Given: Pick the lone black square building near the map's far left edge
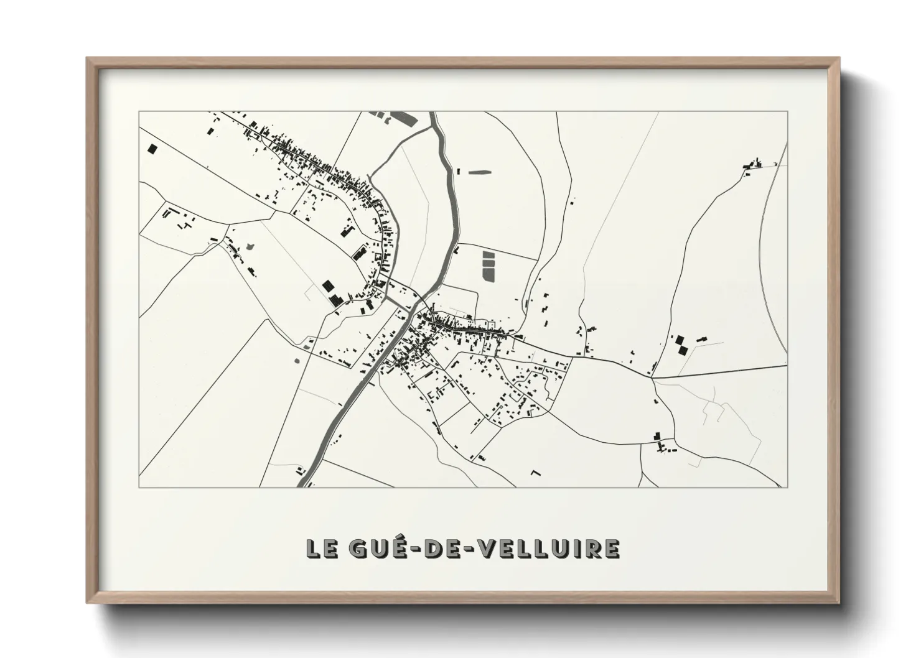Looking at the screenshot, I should coord(152,149).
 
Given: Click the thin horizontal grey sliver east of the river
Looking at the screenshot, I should coord(479,172).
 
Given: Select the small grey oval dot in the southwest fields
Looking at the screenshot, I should coord(296,360).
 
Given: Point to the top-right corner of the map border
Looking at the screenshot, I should coord(787,112).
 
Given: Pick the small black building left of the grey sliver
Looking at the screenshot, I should coord(459,170).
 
